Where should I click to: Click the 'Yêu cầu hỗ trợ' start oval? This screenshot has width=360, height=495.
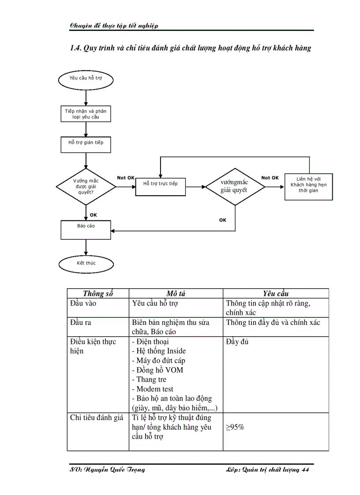pyautogui.click(x=86, y=79)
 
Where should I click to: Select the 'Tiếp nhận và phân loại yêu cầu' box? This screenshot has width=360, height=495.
pyautogui.click(x=86, y=114)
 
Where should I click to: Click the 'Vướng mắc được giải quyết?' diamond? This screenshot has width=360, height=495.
pyautogui.click(x=86, y=186)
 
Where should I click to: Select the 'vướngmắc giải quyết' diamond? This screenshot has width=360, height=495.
pyautogui.click(x=235, y=186)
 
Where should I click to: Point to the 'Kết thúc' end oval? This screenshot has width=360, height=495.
pyautogui.click(x=86, y=264)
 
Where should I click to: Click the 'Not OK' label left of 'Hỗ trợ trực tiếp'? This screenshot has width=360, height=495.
pyautogui.click(x=126, y=178)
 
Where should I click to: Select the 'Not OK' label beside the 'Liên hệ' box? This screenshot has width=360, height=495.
pyautogui.click(x=270, y=178)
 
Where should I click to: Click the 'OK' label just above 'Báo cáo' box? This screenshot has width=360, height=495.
pyautogui.click(x=94, y=215)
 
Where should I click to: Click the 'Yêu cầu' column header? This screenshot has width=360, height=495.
pyautogui.click(x=276, y=294)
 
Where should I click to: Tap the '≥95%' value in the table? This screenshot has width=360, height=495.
pyautogui.click(x=235, y=428)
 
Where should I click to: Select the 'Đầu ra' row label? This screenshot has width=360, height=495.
pyautogui.click(x=81, y=323)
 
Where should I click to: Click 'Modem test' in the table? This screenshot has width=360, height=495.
pyautogui.click(x=155, y=389)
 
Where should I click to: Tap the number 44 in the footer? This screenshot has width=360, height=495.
pyautogui.click(x=305, y=470)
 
